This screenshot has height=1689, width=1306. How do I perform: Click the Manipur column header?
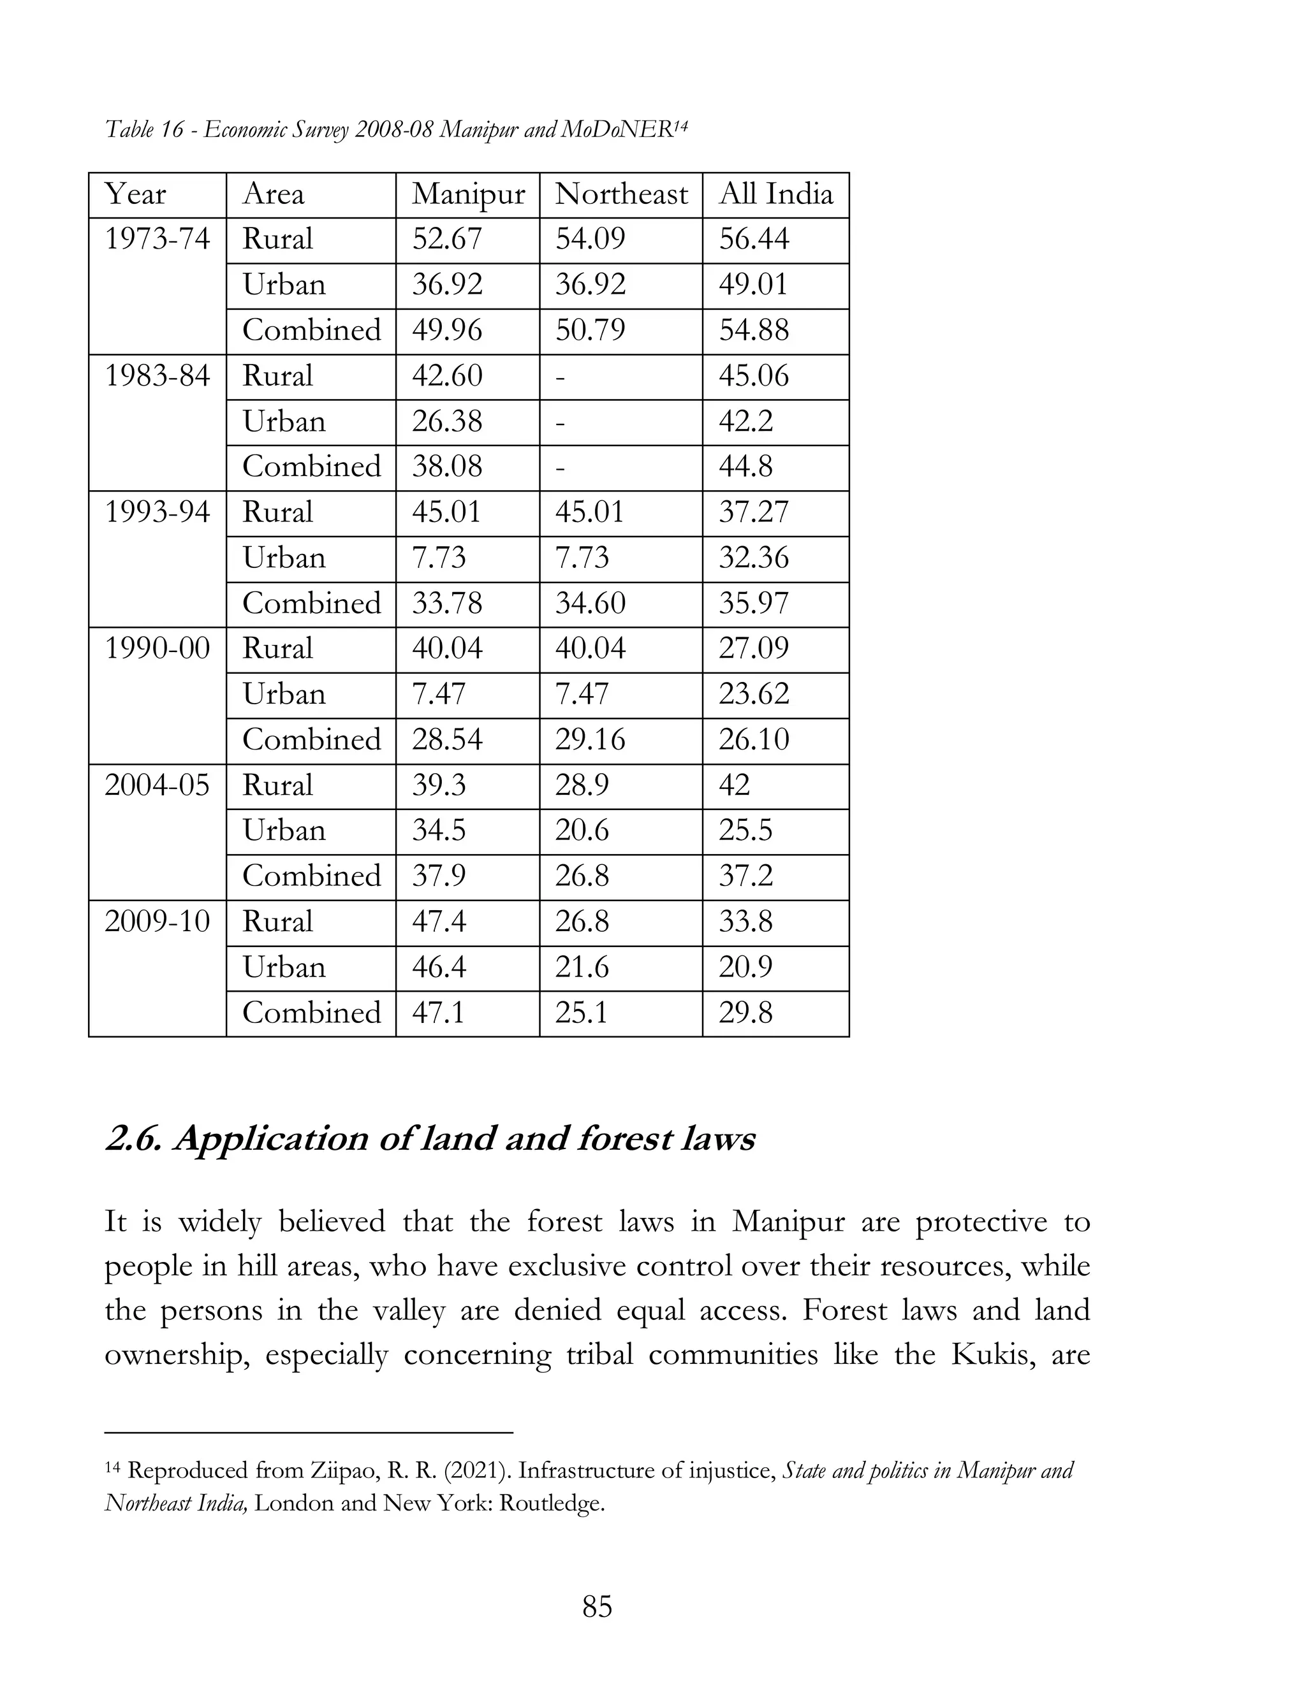pos(467,195)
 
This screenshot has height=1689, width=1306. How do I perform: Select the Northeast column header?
pos(620,195)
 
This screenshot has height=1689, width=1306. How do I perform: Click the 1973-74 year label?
pos(157,239)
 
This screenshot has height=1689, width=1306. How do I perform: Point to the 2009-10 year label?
pos(157,922)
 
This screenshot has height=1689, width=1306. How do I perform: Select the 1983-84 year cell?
pos(157,377)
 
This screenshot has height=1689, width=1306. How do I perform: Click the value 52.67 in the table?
pos(446,239)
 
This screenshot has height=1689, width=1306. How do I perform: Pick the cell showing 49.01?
pos(753,285)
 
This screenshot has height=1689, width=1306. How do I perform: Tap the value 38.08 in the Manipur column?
pos(446,467)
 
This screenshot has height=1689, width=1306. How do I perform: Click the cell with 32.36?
pos(753,558)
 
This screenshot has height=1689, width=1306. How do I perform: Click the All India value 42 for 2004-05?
pos(734,786)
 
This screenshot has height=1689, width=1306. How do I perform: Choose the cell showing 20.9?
pos(745,968)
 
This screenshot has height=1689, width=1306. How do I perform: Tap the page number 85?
pos(596,1607)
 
